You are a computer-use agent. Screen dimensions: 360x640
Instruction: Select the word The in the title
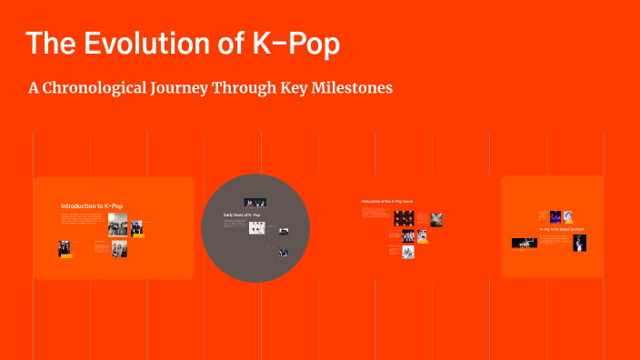pyautogui.click(x=50, y=44)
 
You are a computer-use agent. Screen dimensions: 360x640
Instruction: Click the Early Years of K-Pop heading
pyautogui.click(x=242, y=215)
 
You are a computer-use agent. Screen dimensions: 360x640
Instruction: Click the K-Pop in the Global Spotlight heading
pyautogui.click(x=562, y=229)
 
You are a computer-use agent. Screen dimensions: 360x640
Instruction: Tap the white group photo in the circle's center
pyautogui.click(x=257, y=228)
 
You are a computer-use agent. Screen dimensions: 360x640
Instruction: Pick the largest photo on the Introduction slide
pyautogui.click(x=118, y=226)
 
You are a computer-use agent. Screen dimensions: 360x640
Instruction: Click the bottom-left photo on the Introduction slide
pyautogui.click(x=65, y=248)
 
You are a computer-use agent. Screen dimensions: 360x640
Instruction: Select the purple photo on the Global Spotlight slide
pyautogui.click(x=555, y=216)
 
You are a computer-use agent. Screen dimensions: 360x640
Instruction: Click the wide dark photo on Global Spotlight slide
pyautogui.click(x=524, y=243)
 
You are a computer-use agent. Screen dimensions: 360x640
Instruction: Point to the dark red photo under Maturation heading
pyautogui.click(x=404, y=218)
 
